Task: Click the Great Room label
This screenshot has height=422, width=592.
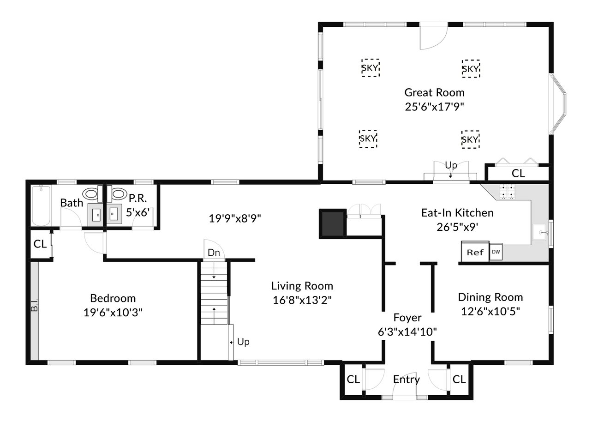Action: (434, 92)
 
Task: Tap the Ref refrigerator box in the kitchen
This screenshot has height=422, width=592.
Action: (475, 252)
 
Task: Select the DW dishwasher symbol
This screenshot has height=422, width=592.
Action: (496, 252)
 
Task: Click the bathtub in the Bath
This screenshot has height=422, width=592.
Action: (41, 206)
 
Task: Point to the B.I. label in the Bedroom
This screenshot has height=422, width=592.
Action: (35, 305)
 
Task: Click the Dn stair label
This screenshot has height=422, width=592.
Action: (214, 253)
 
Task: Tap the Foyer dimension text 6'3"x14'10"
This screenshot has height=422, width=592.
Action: (407, 332)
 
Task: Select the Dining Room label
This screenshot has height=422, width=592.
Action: (490, 297)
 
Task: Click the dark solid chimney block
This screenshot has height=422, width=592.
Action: (333, 223)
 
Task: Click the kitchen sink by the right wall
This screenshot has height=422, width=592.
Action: (539, 232)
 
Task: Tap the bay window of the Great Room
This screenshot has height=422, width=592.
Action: (558, 103)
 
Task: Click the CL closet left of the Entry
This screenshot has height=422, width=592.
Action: (353, 380)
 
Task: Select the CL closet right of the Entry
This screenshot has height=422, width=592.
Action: (459, 380)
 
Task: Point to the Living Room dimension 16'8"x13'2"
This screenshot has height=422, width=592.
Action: (302, 300)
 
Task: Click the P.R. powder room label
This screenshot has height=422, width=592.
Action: (138, 198)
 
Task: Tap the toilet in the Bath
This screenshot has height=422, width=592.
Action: (92, 194)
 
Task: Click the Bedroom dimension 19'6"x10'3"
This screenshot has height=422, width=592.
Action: (113, 313)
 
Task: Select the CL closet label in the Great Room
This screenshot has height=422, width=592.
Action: (518, 174)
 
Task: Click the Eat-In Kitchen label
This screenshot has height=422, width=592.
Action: (457, 213)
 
